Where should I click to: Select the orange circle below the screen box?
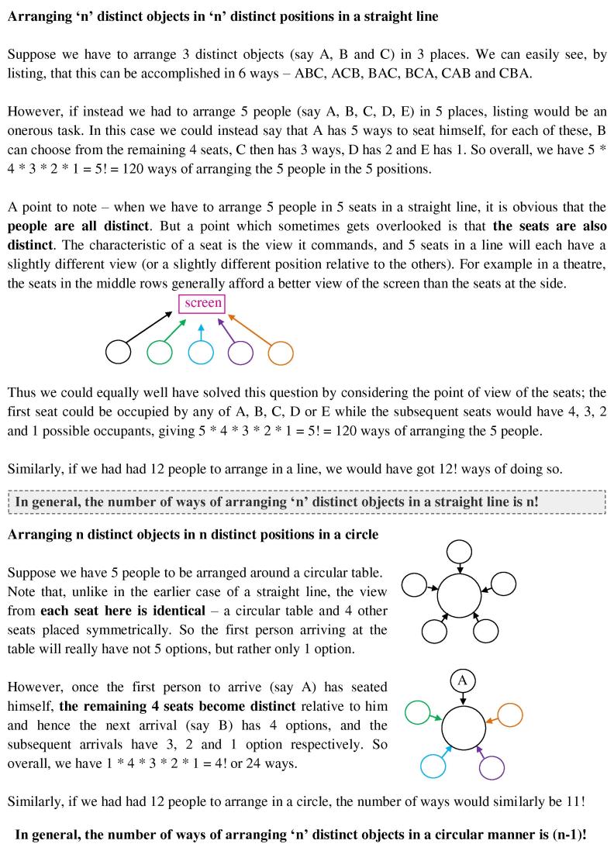tap(281, 353)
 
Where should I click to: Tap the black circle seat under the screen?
tap(119, 352)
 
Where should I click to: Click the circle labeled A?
tap(462, 680)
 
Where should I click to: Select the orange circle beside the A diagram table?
tap(510, 715)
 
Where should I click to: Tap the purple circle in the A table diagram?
tap(492, 767)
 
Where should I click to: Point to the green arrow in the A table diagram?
tap(432, 716)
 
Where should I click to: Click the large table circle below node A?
tap(464, 728)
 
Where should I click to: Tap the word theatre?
tap(582, 266)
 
